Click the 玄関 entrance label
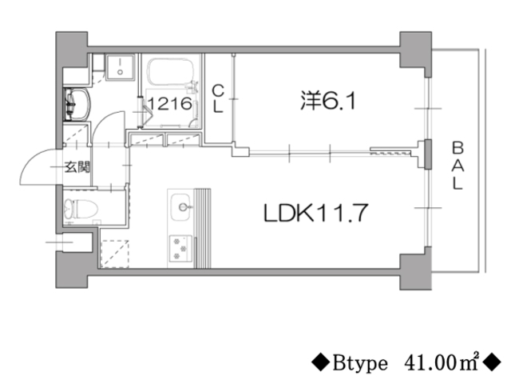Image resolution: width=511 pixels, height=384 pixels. pyautogui.click(x=77, y=168)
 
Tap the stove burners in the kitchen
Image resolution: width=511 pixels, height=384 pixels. pyautogui.click(x=180, y=248)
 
